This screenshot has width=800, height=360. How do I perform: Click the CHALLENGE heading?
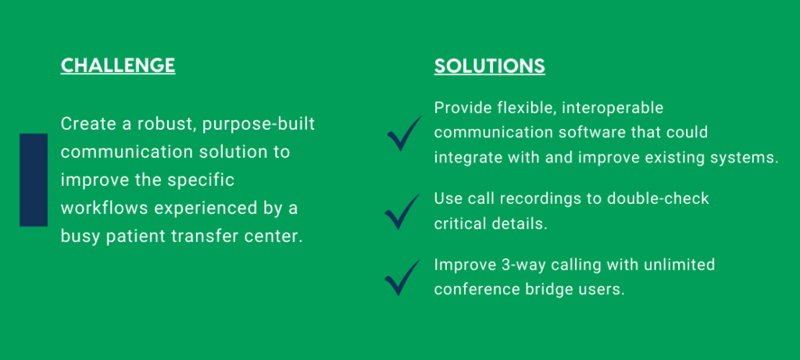(118, 66)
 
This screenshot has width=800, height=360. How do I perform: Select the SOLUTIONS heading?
(490, 66)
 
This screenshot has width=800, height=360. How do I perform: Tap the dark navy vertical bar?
(34, 180)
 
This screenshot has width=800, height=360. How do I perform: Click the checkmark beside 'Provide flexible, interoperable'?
(404, 134)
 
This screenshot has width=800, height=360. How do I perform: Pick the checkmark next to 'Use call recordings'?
(402, 212)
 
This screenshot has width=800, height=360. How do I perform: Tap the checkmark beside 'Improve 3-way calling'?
(402, 278)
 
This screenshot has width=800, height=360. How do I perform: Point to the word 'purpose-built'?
(259, 125)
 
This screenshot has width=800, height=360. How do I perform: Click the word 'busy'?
(79, 237)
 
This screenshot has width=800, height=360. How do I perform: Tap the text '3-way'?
(516, 266)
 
